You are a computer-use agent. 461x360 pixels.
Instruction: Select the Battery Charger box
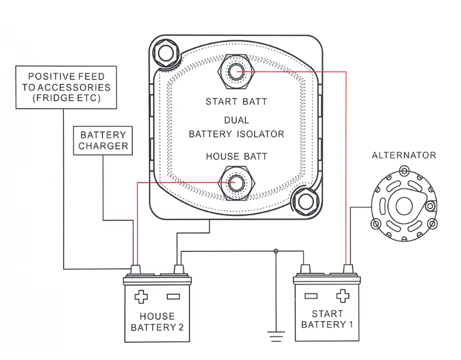coord(103,140)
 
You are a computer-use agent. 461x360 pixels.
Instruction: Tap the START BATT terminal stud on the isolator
coord(236,71)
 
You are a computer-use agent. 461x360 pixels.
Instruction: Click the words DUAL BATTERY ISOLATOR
coord(236,127)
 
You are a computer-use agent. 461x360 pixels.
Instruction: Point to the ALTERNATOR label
coord(404,155)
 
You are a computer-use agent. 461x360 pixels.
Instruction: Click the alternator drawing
coord(401,206)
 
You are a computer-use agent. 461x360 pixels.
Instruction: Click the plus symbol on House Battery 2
coord(141,296)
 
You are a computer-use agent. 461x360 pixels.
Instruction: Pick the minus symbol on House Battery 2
coord(173,296)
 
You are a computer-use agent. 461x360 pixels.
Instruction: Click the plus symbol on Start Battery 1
coord(342,295)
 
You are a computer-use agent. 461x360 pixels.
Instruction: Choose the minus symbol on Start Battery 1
coord(311,295)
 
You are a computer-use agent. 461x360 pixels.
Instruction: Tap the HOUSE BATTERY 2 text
coord(157,322)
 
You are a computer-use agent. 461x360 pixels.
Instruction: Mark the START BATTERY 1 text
coord(328,319)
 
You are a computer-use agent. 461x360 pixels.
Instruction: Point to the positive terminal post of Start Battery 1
coord(347,269)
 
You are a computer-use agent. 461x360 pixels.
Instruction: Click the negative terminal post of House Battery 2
coord(178,270)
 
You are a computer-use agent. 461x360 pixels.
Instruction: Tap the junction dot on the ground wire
coord(276,251)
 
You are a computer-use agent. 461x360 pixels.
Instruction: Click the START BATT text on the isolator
coord(236,102)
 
